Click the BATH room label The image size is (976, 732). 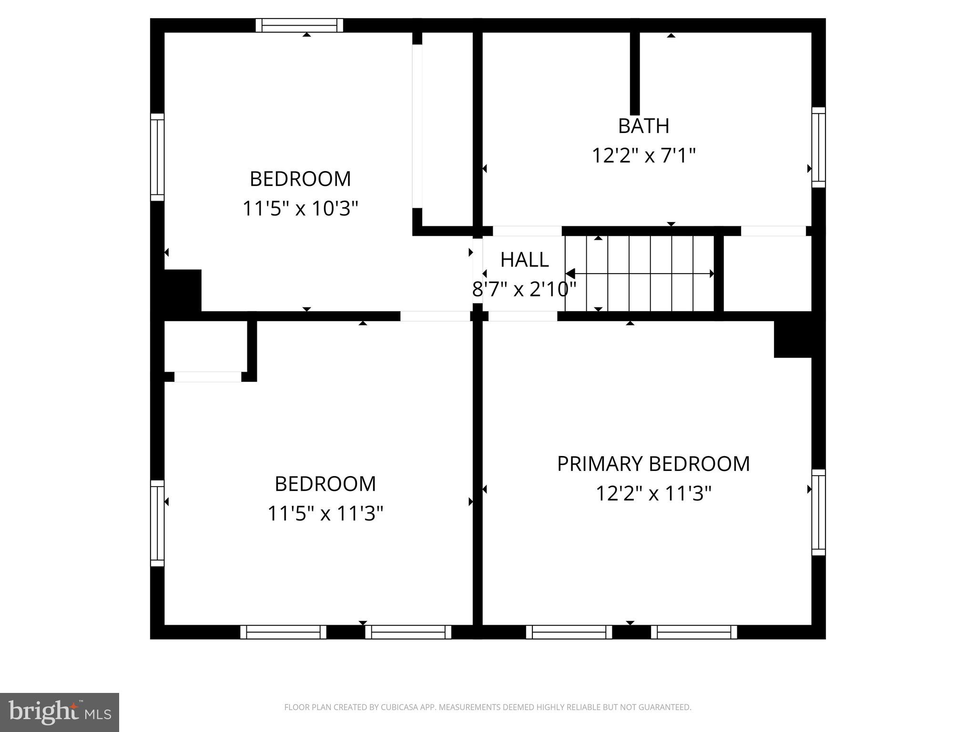[x=643, y=126]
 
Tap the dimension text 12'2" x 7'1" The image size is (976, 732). [x=643, y=156]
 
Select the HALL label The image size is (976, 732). [x=524, y=260]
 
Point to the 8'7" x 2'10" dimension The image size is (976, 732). [x=524, y=289]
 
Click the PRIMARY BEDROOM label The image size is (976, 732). [x=653, y=464]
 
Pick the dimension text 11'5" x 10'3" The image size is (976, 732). [x=300, y=209]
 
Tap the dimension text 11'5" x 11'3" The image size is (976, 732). [x=325, y=514]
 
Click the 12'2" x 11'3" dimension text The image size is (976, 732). [x=653, y=494]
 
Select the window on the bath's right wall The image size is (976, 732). [x=818, y=147]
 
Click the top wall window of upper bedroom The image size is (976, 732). [x=299, y=25]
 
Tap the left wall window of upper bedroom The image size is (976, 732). [x=157, y=157]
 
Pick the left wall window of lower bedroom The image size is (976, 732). [x=157, y=523]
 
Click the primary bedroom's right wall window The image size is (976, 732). [x=818, y=512]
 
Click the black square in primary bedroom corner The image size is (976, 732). [x=793, y=339]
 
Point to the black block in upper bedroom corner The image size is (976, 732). [x=183, y=290]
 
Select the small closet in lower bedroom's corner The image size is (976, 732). [x=205, y=346]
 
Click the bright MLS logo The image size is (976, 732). [x=59, y=712]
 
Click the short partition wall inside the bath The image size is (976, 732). [x=635, y=74]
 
